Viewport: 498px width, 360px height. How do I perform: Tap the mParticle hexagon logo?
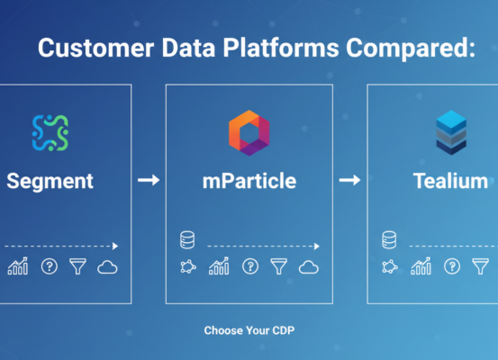tap(249, 131)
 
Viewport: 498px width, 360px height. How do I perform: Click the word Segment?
tap(50, 181)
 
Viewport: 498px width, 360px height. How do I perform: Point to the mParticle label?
tap(249, 182)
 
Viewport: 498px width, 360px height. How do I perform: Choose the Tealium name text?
tap(450, 182)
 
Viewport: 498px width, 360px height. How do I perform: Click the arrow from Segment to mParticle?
tap(149, 181)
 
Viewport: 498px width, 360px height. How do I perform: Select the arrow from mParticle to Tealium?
tap(349, 181)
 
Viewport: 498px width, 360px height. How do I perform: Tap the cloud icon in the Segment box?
tap(108, 267)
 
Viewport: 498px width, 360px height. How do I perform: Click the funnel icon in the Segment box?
tap(77, 267)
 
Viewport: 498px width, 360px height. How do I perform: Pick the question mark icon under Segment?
tap(49, 267)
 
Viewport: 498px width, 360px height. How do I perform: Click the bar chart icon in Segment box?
tap(18, 267)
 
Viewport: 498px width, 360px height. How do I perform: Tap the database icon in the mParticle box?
tap(187, 240)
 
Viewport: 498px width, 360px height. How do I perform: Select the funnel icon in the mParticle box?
tap(278, 267)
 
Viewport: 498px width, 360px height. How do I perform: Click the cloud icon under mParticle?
tap(309, 267)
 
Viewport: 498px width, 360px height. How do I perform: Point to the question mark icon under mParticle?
tap(249, 267)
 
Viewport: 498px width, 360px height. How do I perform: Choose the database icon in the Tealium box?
tap(389, 240)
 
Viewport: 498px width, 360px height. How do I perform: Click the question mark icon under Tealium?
tap(451, 267)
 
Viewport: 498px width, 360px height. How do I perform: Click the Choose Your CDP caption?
tap(249, 330)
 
